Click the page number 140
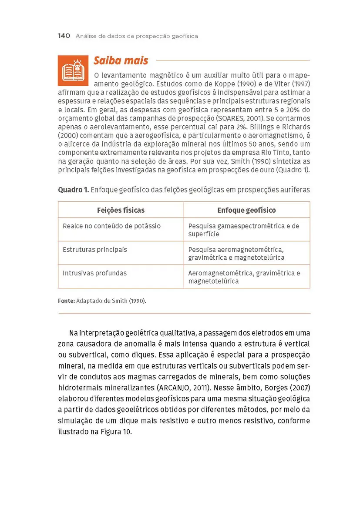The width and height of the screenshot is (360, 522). pyautogui.click(x=64, y=36)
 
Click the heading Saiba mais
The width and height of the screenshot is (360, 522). pyautogui.click(x=121, y=61)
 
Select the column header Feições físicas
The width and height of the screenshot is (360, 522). pyautogui.click(x=121, y=210)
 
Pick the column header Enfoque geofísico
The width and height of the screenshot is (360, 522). pyautogui.click(x=246, y=210)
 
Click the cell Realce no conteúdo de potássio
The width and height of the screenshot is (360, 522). pyautogui.click(x=112, y=226)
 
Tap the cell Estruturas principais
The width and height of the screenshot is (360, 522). pyautogui.click(x=95, y=250)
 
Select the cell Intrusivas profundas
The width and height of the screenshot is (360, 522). pyautogui.click(x=95, y=273)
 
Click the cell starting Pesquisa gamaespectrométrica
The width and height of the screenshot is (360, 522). pyautogui.click(x=244, y=230)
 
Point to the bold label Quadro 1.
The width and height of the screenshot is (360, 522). pyautogui.click(x=73, y=190)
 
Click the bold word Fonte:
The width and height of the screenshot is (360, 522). pyautogui.click(x=66, y=301)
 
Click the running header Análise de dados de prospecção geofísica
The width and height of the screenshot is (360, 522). pyautogui.click(x=137, y=36)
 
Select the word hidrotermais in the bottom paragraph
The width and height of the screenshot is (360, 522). pyautogui.click(x=78, y=387)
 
